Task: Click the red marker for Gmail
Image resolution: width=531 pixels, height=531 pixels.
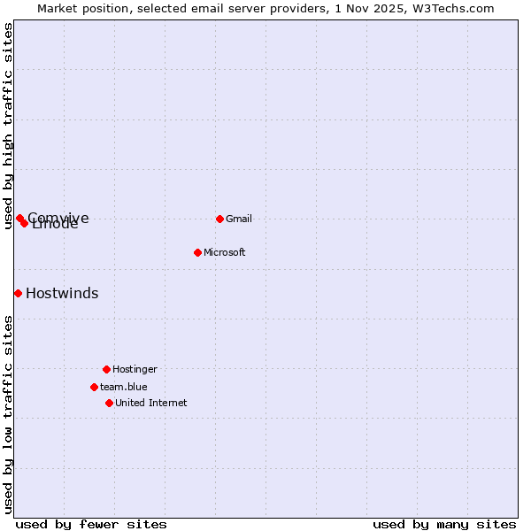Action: pos(219,219)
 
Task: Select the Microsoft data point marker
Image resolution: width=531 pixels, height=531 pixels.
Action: pos(198,252)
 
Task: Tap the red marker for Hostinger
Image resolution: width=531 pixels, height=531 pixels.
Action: pos(106,369)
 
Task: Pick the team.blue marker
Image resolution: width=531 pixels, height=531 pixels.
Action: pos(94,387)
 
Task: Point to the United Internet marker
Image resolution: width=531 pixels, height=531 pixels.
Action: pos(109,403)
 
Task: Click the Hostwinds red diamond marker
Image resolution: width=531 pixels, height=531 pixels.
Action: pos(18,293)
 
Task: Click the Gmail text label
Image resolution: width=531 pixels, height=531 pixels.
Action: pos(239,219)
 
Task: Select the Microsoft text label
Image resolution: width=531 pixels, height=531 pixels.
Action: pos(224,252)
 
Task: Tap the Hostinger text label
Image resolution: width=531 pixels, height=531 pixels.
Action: pos(135,369)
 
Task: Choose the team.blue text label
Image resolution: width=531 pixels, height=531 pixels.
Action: pos(123,387)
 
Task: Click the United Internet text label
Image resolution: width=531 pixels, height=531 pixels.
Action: pos(150,403)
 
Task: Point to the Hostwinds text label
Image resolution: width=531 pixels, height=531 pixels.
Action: pos(62,294)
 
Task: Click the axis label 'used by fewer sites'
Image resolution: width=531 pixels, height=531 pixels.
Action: pos(91,524)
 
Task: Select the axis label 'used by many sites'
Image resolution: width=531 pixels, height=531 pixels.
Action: pos(444,524)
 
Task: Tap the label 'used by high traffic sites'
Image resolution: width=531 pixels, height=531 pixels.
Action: pos(9,127)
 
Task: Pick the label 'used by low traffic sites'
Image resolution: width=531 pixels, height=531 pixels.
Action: pos(9,414)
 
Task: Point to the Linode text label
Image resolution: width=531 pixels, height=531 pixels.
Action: pos(56,225)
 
